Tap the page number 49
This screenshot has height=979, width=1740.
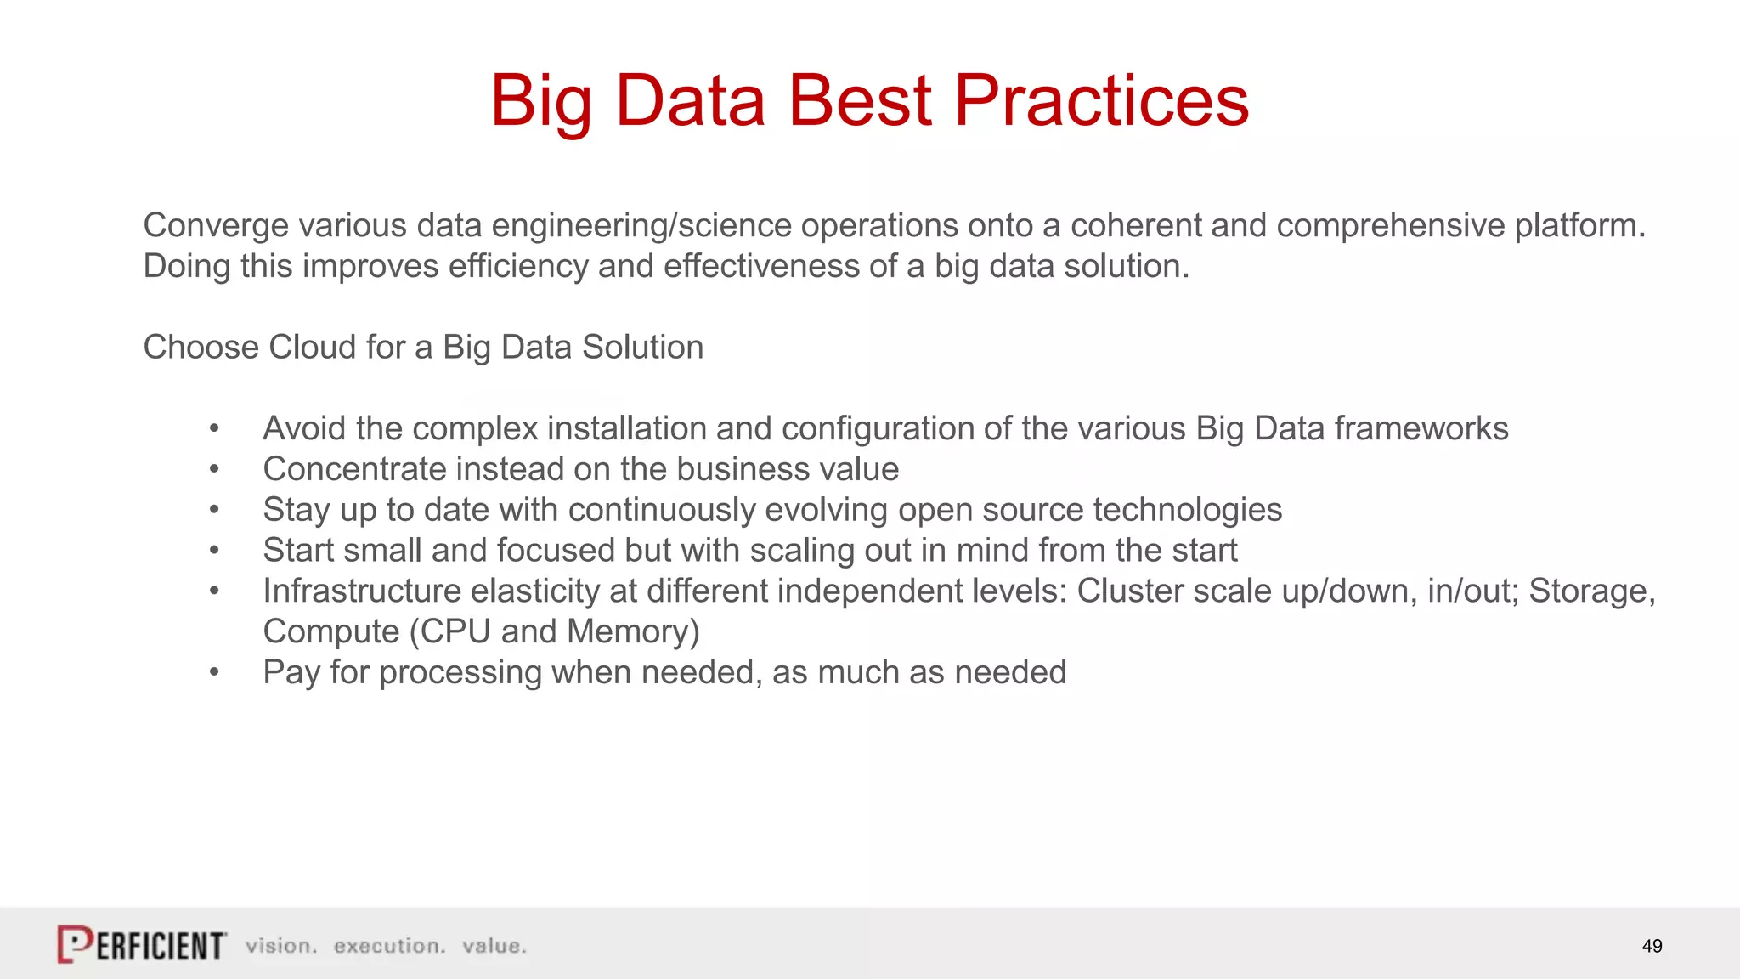pyautogui.click(x=1652, y=946)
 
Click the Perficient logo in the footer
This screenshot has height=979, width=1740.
pyautogui.click(x=142, y=944)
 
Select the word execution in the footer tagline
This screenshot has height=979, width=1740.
pyautogui.click(x=389, y=946)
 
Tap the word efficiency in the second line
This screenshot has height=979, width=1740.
pyautogui.click(x=518, y=266)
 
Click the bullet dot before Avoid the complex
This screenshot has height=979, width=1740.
pyautogui.click(x=214, y=429)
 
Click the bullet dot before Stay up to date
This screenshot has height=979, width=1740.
pyautogui.click(x=214, y=511)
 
